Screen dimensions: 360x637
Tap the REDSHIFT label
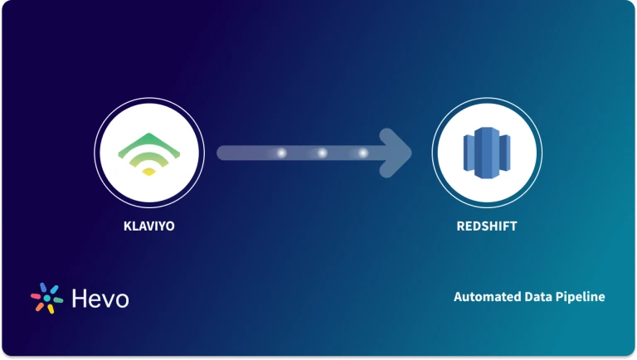[486, 225]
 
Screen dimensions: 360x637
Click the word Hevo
[100, 298]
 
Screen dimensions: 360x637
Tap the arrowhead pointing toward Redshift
[399, 153]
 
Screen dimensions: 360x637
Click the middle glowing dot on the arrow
[322, 153]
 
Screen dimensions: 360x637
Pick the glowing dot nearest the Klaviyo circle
[281, 153]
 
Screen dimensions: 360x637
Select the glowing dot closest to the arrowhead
[362, 153]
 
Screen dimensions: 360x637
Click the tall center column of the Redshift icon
[486, 153]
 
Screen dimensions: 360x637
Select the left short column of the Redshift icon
[469, 153]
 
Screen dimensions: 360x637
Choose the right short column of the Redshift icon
[504, 153]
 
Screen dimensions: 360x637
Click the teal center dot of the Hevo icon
[46, 298]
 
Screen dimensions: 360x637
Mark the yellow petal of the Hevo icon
[50, 309]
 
